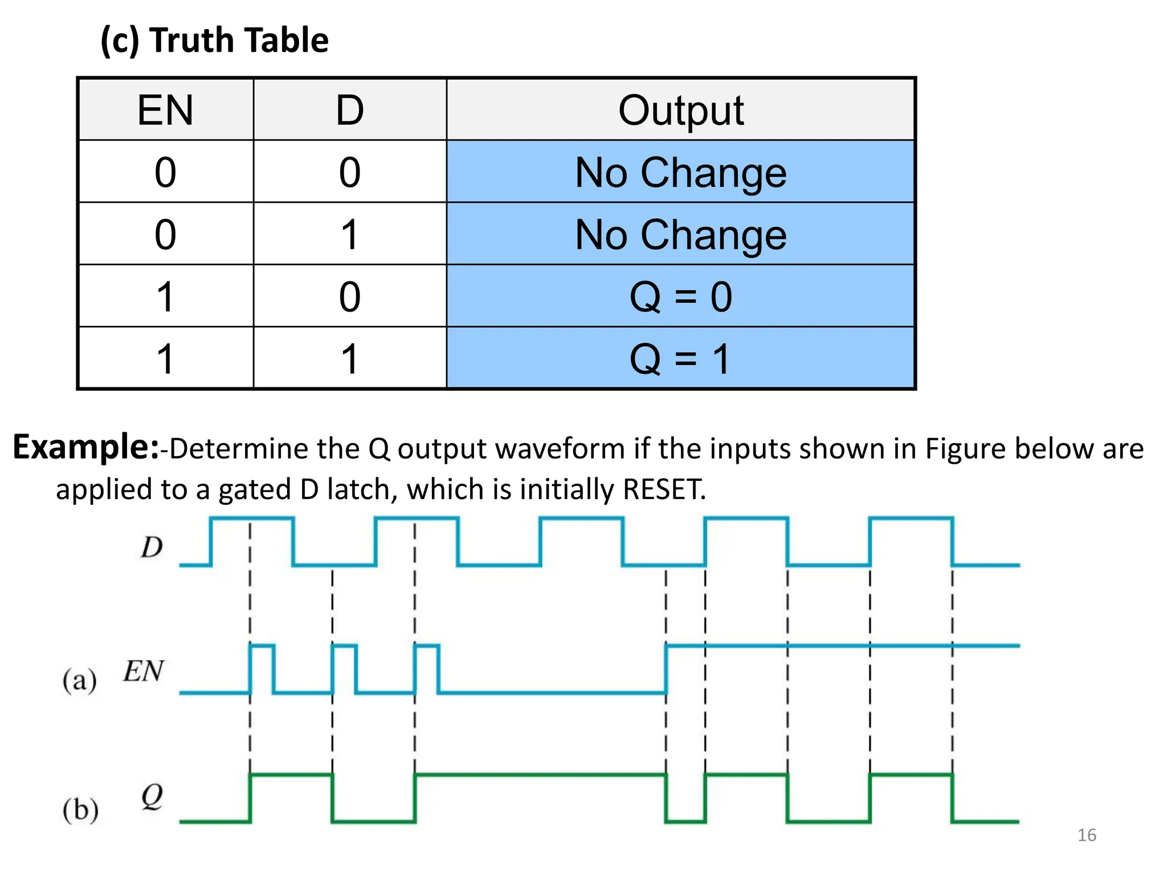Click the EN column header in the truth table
pos(165,110)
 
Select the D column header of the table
pos(349,110)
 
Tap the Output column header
pos(680,110)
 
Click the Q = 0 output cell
pos(680,296)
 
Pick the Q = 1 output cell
pos(680,358)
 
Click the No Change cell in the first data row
pos(680,172)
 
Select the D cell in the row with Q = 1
pos(349,358)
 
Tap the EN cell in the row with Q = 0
pos(165,296)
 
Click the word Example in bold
pos(85,447)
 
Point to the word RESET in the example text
pos(663,489)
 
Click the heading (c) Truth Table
pos(215,40)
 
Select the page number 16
pos(1086,835)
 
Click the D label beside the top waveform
pos(152,547)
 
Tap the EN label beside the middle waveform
pos(144,670)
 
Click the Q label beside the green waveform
pos(152,796)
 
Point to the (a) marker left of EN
pos(79,680)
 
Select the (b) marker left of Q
pos(80,809)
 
